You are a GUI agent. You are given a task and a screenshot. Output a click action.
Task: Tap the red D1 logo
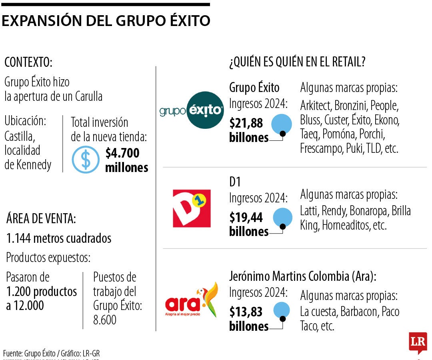click(191, 208)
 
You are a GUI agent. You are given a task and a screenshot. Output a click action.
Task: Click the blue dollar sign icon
click(85, 159)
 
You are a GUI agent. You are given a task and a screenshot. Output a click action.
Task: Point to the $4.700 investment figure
click(122, 153)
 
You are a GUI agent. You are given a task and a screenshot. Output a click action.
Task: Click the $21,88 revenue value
click(246, 123)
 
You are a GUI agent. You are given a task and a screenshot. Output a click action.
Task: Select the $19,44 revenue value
click(246, 217)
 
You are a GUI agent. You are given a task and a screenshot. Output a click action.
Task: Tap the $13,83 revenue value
click(246, 311)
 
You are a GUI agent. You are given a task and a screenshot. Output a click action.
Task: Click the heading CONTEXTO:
click(28, 62)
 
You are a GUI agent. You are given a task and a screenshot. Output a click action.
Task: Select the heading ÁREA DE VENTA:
click(41, 219)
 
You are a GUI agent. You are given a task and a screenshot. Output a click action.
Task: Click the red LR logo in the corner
click(418, 342)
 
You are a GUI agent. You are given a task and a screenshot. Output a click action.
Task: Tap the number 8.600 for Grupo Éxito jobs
click(105, 320)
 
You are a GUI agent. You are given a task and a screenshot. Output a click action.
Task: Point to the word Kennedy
click(34, 165)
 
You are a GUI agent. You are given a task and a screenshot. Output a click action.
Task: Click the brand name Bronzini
click(351, 106)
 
